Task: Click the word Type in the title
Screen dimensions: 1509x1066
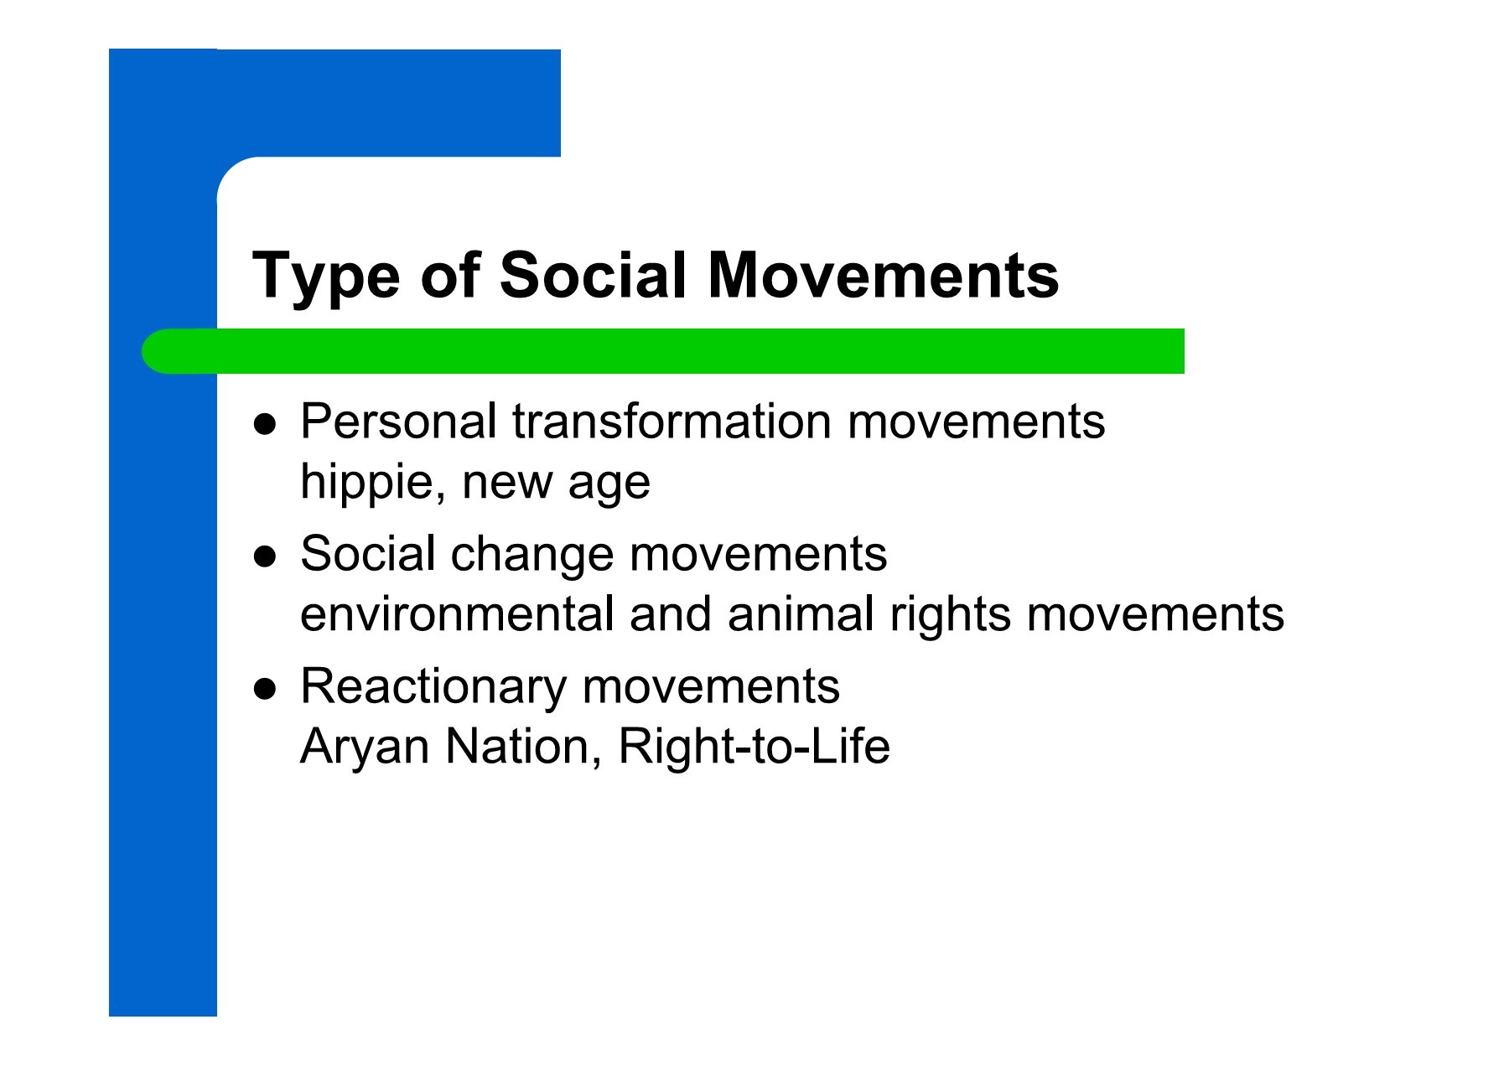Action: point(326,277)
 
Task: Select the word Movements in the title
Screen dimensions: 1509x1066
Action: point(884,274)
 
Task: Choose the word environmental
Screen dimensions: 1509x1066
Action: point(458,613)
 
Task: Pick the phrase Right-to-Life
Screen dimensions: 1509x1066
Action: point(754,747)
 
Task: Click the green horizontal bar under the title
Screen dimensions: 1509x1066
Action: point(662,351)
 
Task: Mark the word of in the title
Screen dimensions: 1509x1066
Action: point(450,274)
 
